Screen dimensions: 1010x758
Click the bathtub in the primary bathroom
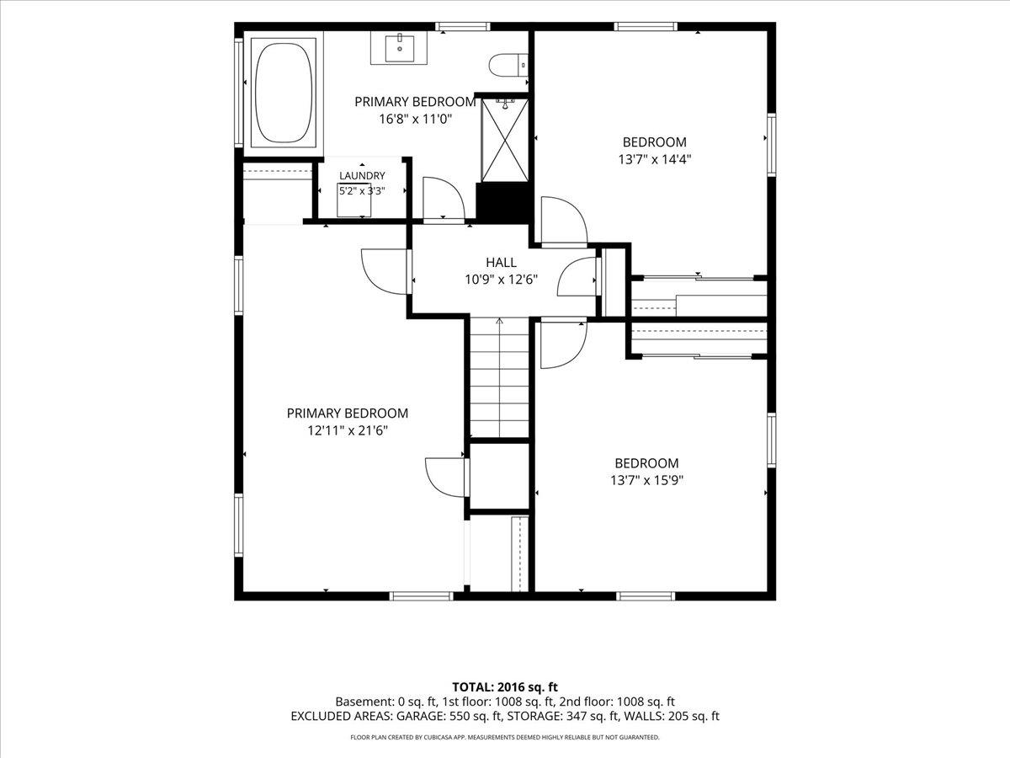click(284, 93)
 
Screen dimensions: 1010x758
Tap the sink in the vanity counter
click(400, 46)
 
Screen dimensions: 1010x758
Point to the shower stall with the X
click(505, 140)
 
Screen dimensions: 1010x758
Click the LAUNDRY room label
click(362, 175)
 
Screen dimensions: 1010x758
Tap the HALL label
click(501, 262)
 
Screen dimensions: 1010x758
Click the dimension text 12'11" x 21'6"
click(348, 430)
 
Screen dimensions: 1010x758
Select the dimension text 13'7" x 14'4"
click(655, 159)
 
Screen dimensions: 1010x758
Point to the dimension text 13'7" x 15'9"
click(647, 480)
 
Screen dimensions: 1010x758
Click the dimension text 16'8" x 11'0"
click(416, 120)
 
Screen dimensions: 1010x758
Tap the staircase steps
click(499, 377)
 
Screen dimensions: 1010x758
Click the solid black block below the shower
click(502, 202)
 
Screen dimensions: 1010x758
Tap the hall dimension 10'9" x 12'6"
click(501, 280)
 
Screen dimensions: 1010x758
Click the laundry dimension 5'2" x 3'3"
click(362, 191)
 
